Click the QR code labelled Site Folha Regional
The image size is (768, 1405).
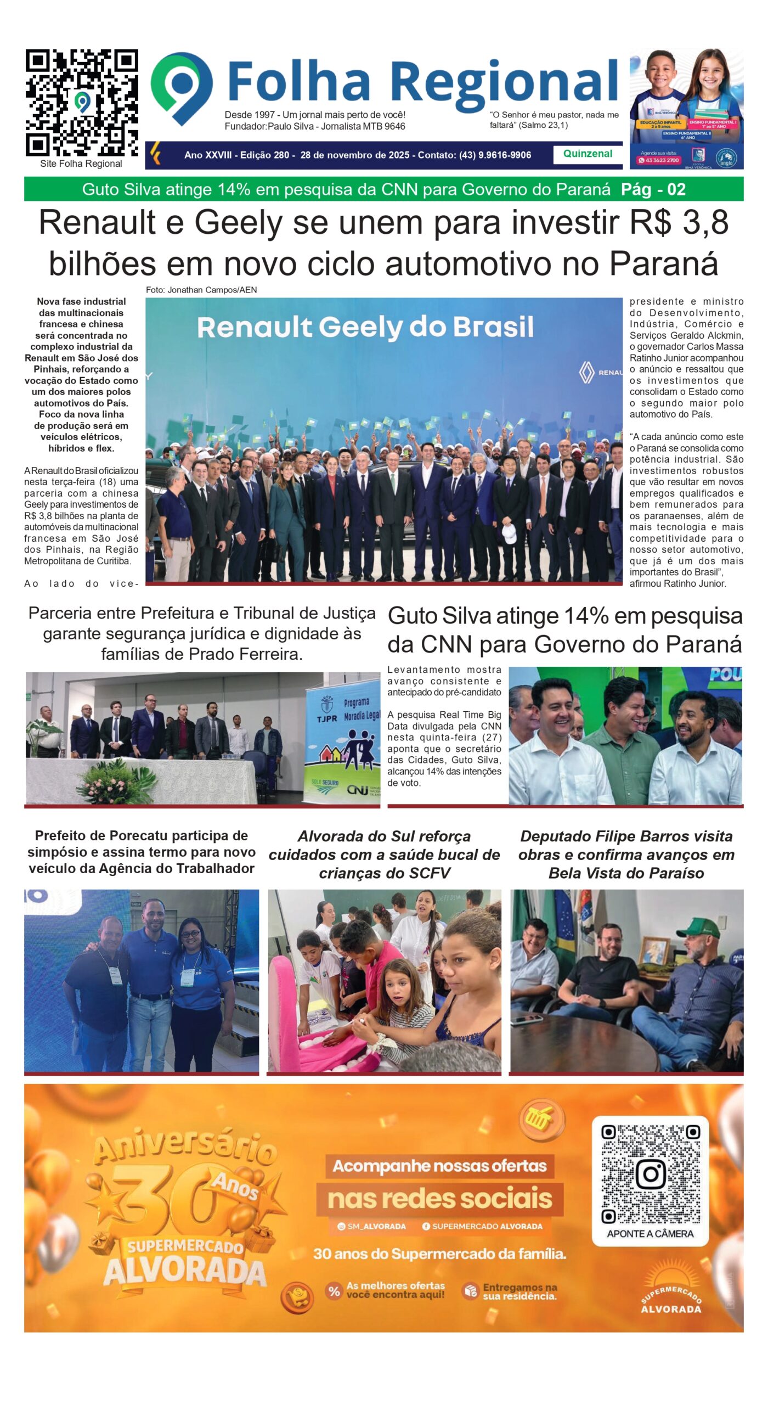click(x=82, y=103)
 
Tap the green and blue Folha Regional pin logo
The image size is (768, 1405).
click(x=182, y=88)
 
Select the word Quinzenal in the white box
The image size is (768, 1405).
click(x=588, y=154)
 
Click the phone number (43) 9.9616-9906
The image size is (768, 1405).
click(x=495, y=155)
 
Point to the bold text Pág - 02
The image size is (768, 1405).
click(x=653, y=189)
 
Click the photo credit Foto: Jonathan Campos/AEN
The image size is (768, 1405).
click(x=201, y=290)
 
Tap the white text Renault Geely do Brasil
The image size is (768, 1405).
click(x=365, y=327)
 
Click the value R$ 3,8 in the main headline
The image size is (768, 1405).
click(x=679, y=223)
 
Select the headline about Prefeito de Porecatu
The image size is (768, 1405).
click(x=142, y=852)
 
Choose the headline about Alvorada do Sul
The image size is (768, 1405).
click(x=384, y=854)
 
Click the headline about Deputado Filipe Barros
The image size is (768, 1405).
click(x=626, y=854)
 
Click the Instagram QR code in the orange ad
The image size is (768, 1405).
click(x=650, y=1174)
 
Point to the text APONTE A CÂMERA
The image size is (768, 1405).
click(x=650, y=1234)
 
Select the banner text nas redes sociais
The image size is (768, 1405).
click(x=439, y=1199)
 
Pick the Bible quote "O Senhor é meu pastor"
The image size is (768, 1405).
click(x=554, y=120)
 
